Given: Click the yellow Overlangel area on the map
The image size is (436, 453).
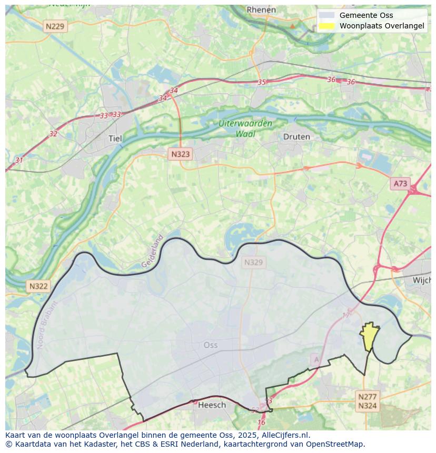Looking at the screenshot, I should (x=370, y=336).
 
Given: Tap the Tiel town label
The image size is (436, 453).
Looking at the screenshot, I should (x=114, y=138).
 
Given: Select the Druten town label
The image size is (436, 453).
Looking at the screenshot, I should (x=296, y=137).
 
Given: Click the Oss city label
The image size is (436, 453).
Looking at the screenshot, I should (x=210, y=345).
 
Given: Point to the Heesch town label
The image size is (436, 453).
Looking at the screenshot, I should (x=212, y=405).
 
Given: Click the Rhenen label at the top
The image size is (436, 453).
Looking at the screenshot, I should (x=261, y=9).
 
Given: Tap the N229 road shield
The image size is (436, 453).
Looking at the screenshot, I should (x=55, y=26).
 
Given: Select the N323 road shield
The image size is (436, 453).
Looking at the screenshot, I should (x=180, y=154).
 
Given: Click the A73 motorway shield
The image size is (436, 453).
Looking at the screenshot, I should (x=400, y=183).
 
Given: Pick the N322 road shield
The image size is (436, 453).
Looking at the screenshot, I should (x=38, y=286).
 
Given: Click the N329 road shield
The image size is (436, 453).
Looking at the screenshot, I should (x=253, y=262).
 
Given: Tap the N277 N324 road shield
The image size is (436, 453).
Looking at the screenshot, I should (x=367, y=401).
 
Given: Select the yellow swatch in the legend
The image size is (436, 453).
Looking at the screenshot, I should (x=326, y=26).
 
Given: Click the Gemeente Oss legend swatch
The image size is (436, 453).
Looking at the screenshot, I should (x=326, y=15).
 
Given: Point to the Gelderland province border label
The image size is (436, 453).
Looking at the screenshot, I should (x=153, y=251).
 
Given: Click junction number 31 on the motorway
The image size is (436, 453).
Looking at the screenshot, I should (x=19, y=160).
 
